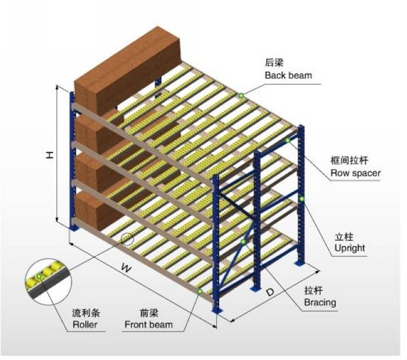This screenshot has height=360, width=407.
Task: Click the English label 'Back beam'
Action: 288,75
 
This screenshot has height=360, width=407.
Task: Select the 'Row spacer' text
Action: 355,173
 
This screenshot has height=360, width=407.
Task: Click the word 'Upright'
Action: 349,248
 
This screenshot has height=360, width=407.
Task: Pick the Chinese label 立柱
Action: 344,237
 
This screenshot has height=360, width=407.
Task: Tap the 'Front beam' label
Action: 148,325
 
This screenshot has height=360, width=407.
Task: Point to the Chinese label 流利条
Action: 83,313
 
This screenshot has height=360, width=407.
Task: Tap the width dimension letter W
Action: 124,268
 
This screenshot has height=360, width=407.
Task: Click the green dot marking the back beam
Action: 240,95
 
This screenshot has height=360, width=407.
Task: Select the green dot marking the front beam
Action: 199,291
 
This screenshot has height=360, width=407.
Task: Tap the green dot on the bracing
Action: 243,241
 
